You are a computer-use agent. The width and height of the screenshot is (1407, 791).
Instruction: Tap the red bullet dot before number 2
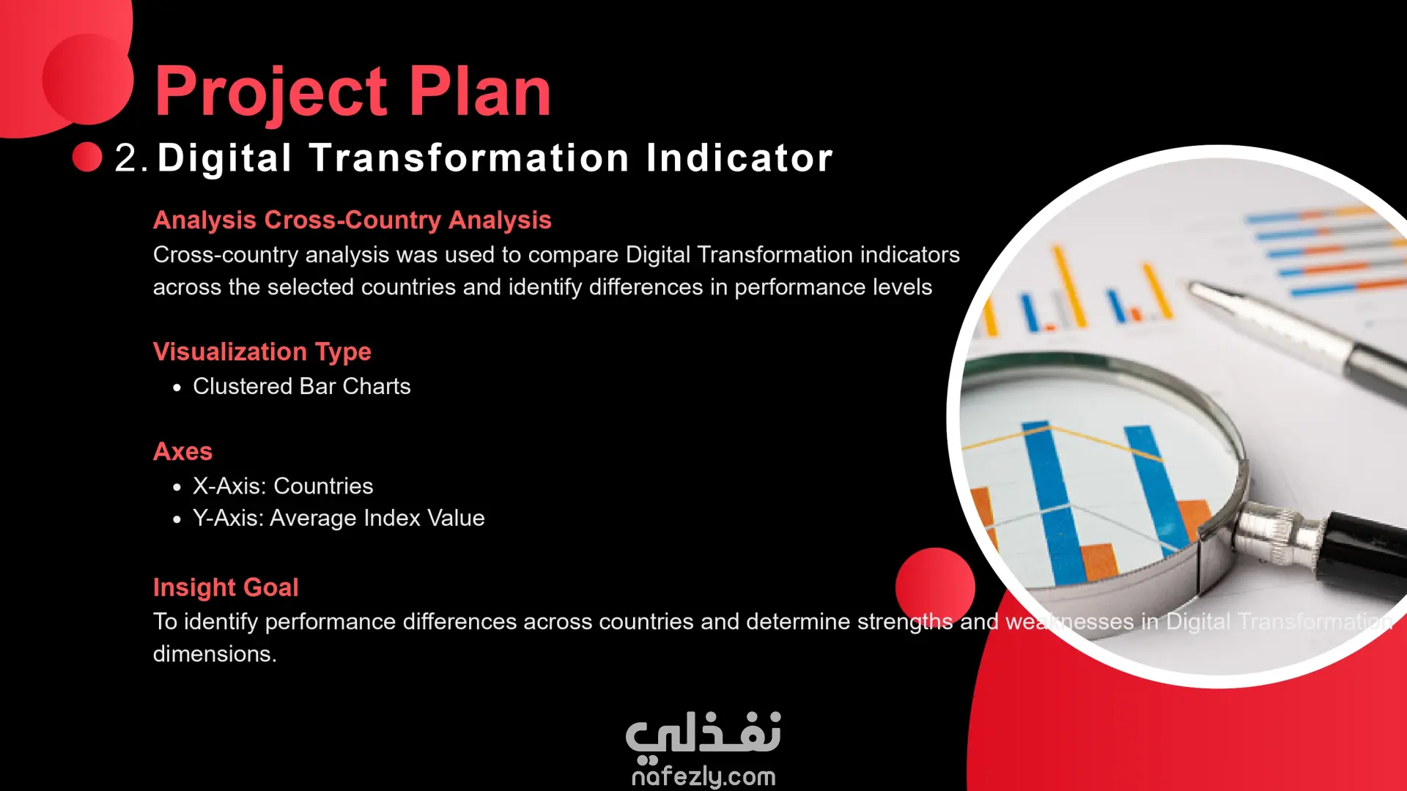87,157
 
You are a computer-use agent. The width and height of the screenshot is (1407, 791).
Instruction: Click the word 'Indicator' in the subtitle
739,157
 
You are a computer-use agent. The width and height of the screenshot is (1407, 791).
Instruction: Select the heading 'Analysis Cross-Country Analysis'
352,220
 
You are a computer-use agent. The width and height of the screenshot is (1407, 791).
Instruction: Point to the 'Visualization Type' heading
262,352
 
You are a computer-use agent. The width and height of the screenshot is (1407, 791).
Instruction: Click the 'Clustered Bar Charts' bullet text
302,386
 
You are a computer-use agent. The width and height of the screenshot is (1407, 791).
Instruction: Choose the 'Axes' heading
182,451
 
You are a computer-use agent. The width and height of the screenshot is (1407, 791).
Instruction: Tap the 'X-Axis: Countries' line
283,486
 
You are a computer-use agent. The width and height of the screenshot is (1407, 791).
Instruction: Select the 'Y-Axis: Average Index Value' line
339,518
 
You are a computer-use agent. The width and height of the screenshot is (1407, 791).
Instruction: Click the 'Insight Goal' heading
226,587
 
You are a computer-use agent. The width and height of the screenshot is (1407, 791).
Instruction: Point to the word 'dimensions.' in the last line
215,653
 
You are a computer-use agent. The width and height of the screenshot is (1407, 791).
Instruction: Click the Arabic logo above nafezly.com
703,734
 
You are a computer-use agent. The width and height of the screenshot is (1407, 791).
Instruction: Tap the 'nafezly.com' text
703,776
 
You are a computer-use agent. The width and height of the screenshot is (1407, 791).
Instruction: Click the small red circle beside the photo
935,587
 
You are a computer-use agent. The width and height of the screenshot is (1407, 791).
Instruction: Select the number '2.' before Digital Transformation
131,157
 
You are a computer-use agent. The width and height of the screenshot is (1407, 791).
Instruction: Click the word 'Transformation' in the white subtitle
469,157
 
